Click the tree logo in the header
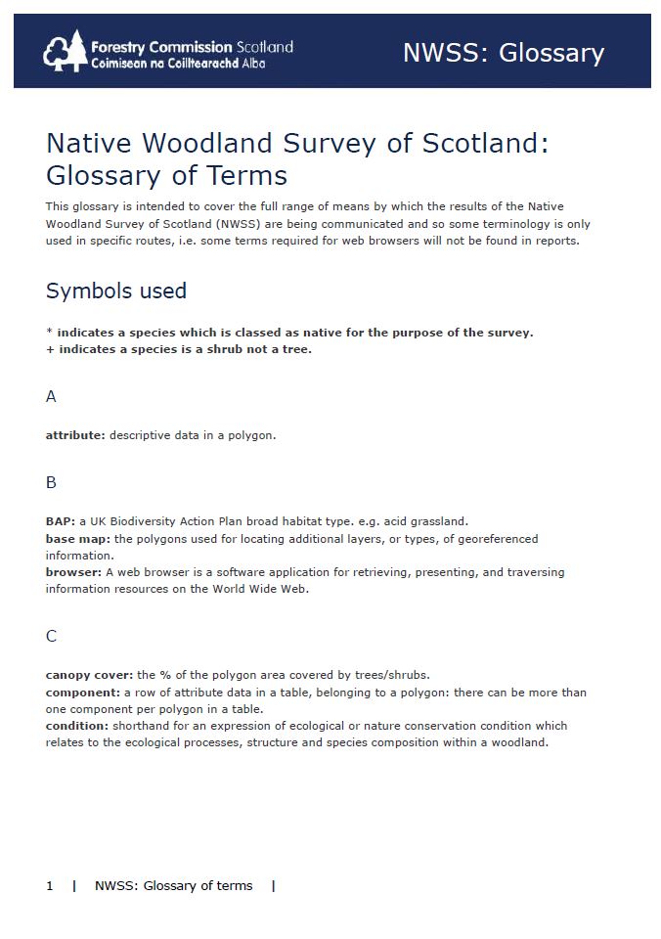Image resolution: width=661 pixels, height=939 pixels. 66,51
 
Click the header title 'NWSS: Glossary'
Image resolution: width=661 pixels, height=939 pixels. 503,52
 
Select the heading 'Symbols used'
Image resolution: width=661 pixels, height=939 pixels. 115,291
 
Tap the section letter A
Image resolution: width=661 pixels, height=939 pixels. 51,396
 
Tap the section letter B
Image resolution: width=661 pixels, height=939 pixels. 51,482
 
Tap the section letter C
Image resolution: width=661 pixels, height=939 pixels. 51,636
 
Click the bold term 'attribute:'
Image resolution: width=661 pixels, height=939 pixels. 75,435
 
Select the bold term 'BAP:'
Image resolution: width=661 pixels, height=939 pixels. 61,521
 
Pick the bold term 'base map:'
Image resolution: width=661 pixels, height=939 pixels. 78,539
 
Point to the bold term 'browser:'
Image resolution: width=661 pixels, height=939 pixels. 73,572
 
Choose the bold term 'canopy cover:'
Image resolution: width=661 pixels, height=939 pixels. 90,675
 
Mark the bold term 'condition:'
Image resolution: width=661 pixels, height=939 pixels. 77,726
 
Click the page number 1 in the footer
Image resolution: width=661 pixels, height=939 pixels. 50,886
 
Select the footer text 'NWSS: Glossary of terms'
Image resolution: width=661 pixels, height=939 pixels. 173,886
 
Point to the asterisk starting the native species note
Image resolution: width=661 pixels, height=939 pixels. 49,333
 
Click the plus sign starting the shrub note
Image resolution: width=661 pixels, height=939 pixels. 50,349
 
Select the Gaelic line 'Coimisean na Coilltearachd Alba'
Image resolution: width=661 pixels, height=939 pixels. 177,63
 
